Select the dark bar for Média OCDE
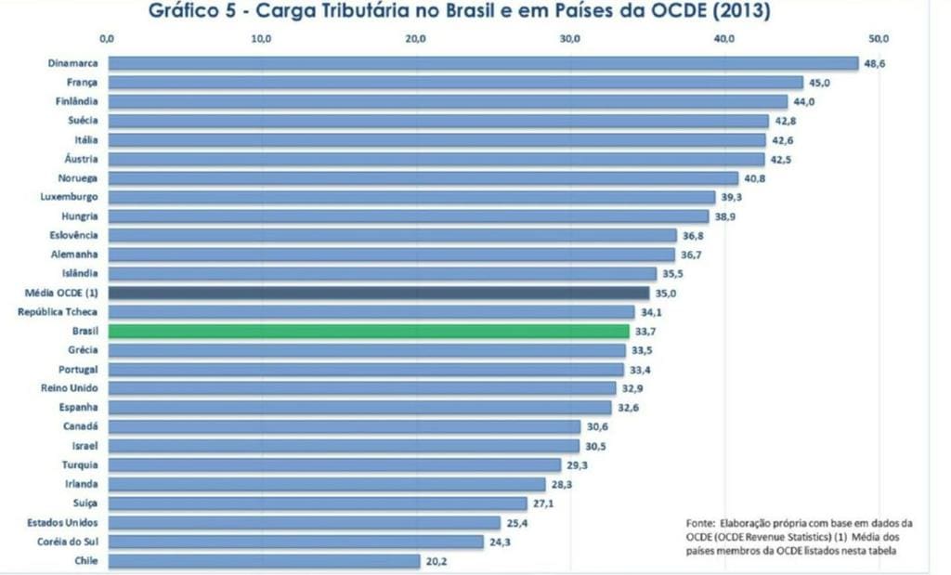point(378,293)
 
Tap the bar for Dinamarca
point(482,63)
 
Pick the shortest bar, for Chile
point(264,561)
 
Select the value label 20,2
point(436,561)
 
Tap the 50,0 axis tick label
point(879,38)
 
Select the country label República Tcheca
point(58,311)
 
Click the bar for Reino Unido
point(362,388)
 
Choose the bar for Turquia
point(334,464)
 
